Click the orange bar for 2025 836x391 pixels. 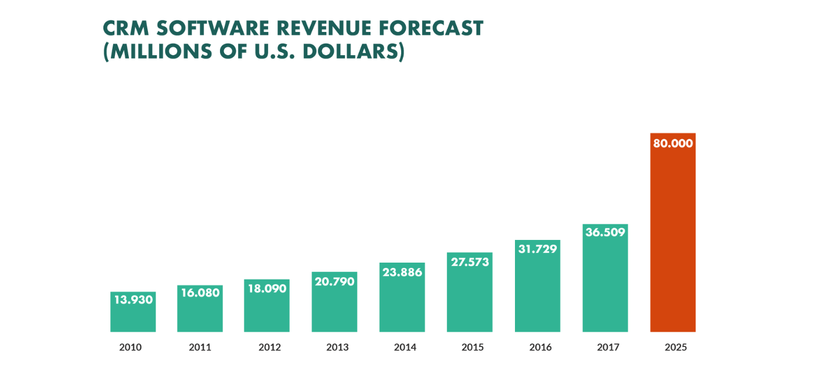pyautogui.click(x=673, y=244)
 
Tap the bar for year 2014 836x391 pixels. pyautogui.click(x=402, y=305)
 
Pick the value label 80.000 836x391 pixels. pyautogui.click(x=673, y=144)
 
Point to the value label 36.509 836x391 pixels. pyautogui.click(x=605, y=232)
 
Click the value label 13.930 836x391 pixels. pyautogui.click(x=133, y=300)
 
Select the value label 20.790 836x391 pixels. pyautogui.click(x=334, y=281)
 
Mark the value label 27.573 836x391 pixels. pyautogui.click(x=469, y=261)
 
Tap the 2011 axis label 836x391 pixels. pyautogui.click(x=200, y=347)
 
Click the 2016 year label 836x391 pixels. pyautogui.click(x=540, y=347)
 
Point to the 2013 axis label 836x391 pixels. pyautogui.click(x=337, y=347)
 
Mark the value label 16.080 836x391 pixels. pyautogui.click(x=200, y=293)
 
